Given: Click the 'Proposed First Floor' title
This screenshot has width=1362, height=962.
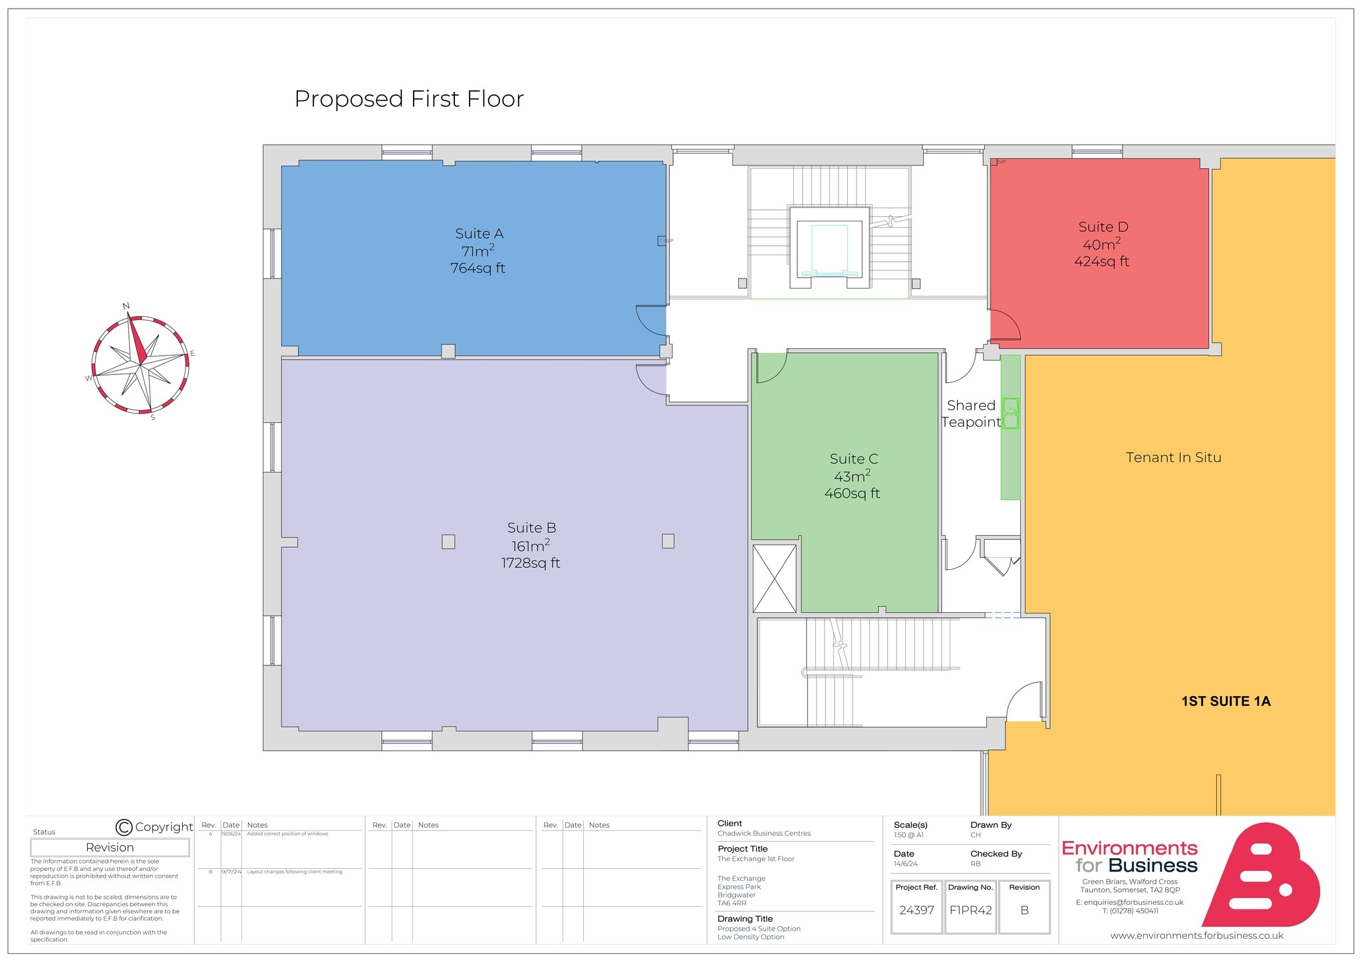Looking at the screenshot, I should pos(409,99).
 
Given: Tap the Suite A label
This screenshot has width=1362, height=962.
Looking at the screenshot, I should pos(479,234).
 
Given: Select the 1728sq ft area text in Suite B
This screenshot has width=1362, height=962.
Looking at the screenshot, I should pos(530,563).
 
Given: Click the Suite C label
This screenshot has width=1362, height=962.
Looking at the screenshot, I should pos(853,459).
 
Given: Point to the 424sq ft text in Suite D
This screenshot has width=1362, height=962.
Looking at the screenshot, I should pos(1101,262).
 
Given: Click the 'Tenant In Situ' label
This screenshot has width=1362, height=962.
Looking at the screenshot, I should pos(1173,457).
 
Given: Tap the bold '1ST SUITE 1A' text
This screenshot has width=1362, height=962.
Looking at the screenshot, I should pos(1225,701).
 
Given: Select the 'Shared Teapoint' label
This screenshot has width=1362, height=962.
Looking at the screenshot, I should pos(971,414).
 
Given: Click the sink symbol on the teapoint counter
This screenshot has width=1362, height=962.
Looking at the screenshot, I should pos(1010,413).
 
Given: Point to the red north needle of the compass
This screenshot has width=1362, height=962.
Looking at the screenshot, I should pos(138,340).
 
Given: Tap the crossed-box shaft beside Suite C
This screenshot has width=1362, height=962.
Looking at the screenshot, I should pos(774,578).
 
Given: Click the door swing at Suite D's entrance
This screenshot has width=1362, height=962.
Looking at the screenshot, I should pos(1005,325).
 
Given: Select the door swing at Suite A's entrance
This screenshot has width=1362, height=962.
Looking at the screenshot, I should pos(652,320).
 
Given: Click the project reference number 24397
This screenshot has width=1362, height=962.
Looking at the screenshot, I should pos(916,910).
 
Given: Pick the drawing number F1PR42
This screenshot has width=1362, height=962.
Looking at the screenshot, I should pos(970,910).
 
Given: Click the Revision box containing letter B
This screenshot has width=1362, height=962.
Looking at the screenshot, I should pos(1024,910).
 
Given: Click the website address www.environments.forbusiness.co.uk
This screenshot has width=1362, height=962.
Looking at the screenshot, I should pos(1196,935).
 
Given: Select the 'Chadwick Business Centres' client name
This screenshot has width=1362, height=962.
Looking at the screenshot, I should pos(763,834).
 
